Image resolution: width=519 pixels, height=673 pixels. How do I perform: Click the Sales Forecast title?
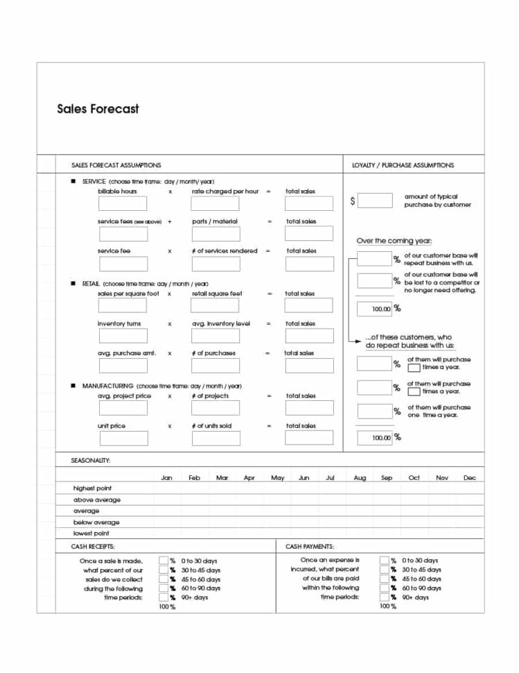98,109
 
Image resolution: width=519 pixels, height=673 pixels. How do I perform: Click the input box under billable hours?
123,203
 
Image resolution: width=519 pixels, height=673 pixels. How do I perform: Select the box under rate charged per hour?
215,203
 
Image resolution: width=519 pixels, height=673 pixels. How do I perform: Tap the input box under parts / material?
215,234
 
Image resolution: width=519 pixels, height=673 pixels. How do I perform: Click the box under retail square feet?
215,305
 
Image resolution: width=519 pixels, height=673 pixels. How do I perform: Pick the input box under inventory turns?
123,336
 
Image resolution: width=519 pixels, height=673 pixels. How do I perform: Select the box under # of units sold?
215,438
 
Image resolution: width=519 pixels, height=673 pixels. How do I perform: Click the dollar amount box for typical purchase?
376,201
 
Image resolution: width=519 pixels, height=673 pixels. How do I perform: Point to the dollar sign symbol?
353,201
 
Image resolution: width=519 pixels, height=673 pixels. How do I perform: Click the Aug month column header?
360,478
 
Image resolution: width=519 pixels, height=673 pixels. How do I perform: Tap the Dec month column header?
469,478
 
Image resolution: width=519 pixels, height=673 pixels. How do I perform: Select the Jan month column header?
166,478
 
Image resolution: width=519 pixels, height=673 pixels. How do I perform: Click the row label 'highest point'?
92,488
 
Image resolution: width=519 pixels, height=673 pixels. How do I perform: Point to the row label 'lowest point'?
91,534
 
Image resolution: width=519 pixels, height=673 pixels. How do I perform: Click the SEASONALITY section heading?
91,460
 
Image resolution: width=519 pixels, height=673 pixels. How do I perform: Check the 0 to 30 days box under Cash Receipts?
164,560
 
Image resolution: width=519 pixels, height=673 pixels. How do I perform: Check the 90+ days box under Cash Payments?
384,597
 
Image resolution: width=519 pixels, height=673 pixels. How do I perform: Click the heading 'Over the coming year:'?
394,241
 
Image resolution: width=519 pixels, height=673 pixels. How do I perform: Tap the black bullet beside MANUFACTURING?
73,385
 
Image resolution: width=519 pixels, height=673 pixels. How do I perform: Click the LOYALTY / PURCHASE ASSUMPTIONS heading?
403,165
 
